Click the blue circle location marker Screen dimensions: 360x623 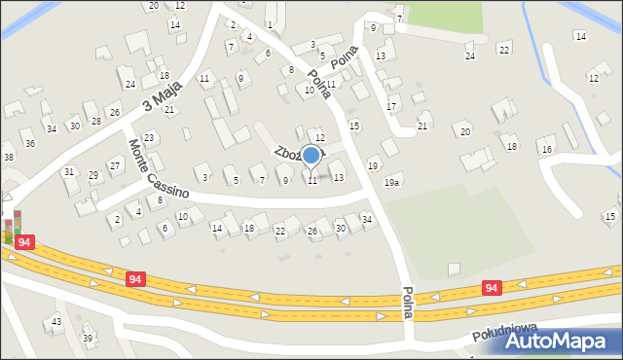(311, 155)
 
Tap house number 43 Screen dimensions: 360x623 (56, 321)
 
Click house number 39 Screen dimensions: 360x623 (88, 338)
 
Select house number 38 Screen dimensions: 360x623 (8, 157)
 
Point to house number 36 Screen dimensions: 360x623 (30, 144)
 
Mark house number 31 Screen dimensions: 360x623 (69, 171)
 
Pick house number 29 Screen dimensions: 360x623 (93, 175)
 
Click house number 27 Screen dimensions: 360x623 (115, 165)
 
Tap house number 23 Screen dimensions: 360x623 (148, 138)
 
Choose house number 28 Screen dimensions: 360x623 (96, 121)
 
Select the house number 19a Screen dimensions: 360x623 (392, 182)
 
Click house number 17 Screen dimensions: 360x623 (391, 106)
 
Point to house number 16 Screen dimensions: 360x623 (547, 149)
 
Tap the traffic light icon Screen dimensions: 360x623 (8, 231)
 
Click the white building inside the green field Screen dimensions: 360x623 (453, 269)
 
